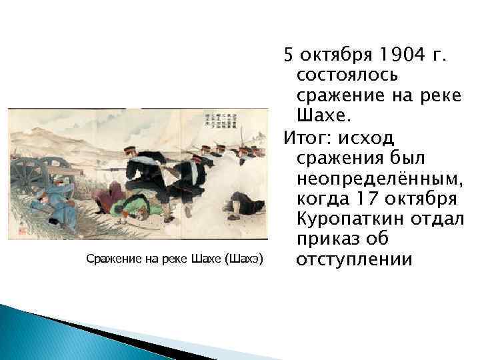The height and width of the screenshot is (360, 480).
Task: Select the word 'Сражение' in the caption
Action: [x=112, y=259]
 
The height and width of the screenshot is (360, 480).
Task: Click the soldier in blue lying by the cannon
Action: [x=54, y=205]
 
